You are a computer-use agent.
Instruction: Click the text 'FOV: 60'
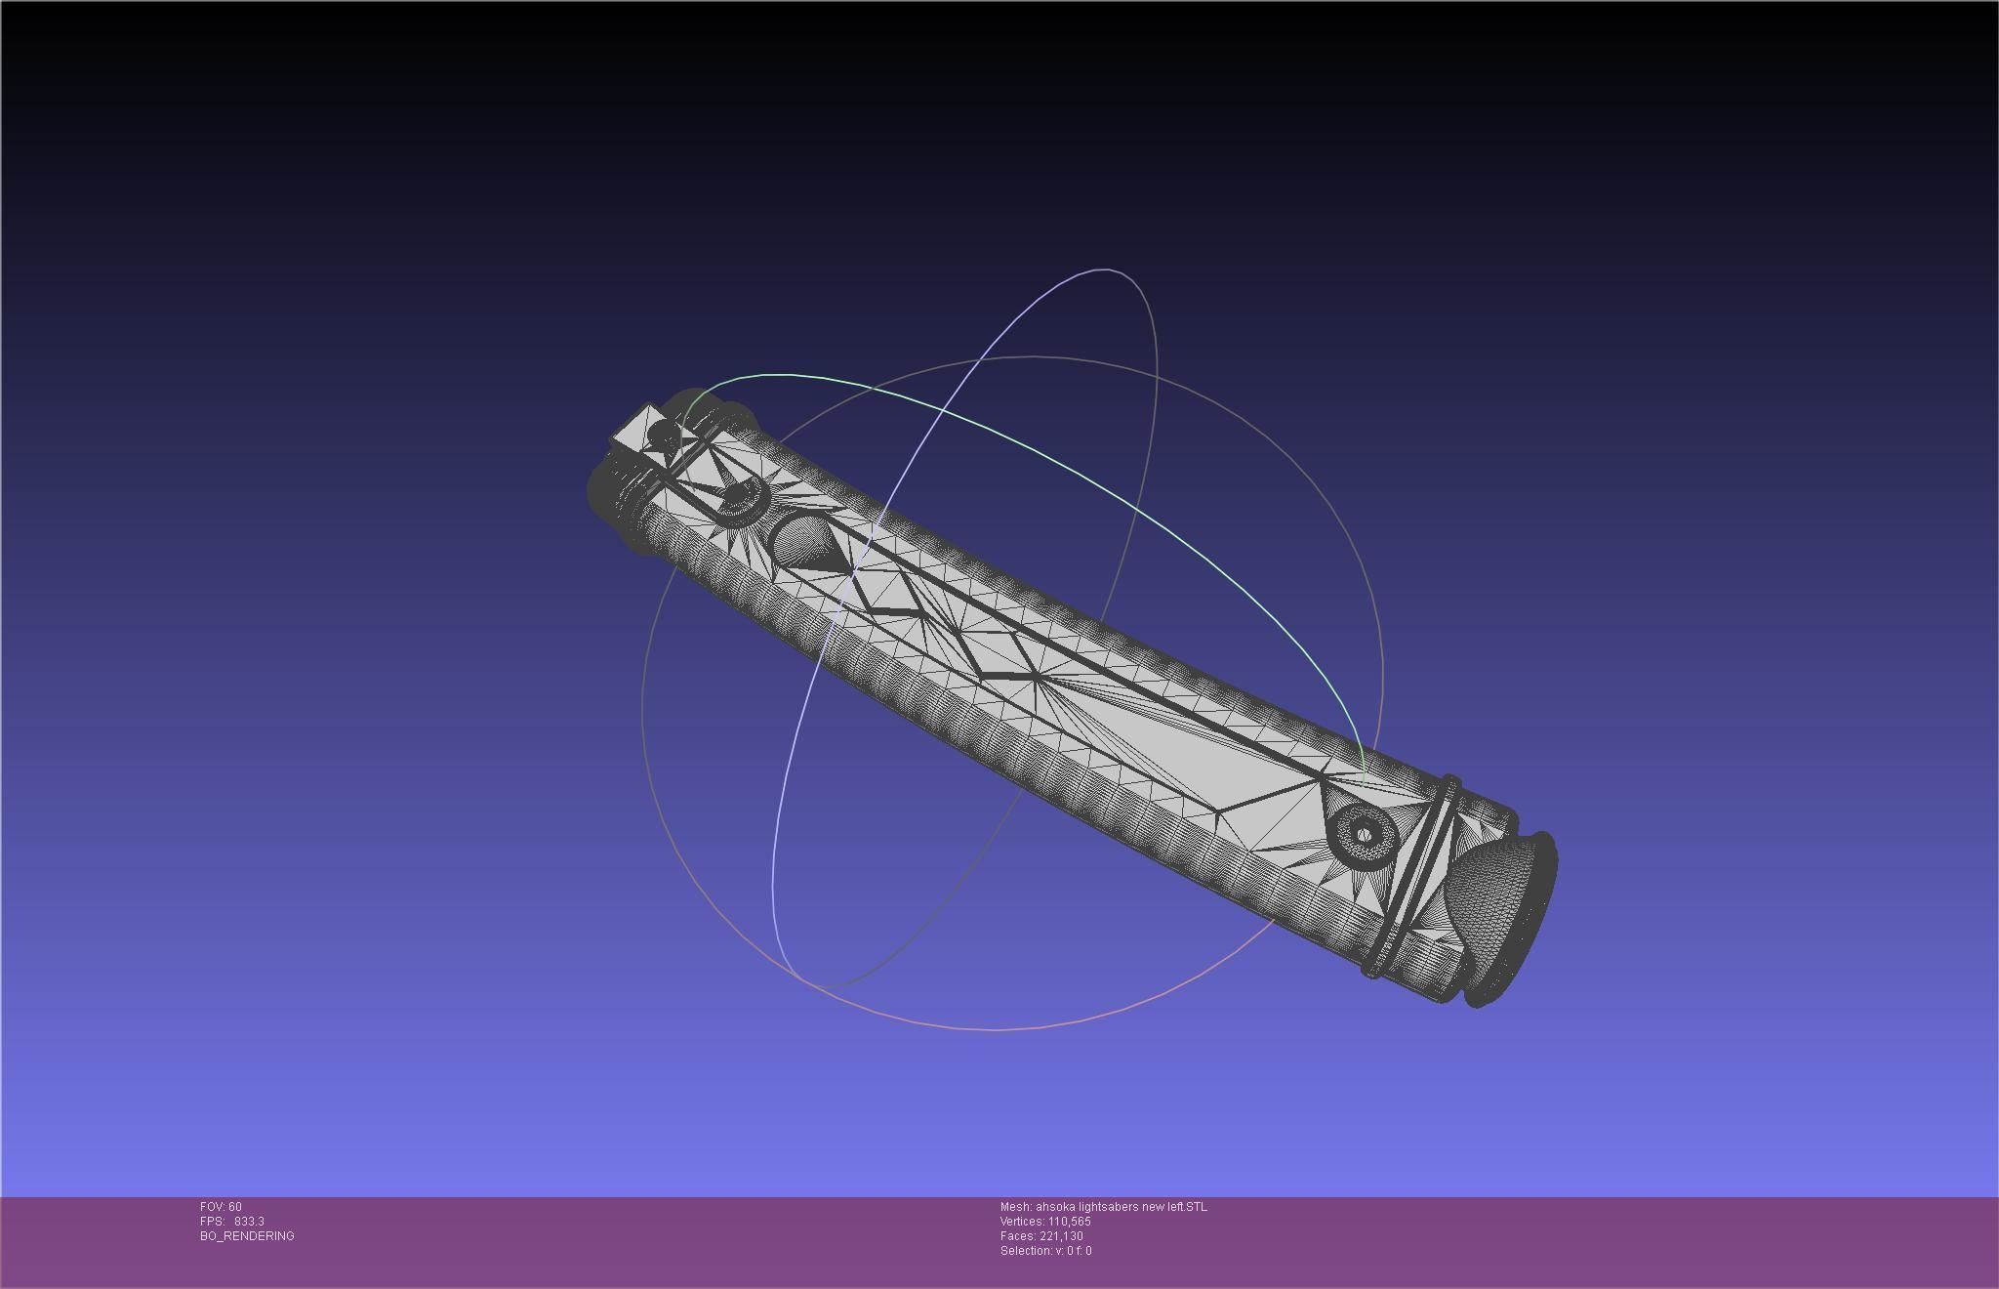pos(221,1207)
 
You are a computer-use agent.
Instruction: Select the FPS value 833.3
pos(249,1222)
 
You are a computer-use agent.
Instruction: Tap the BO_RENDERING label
pos(247,1236)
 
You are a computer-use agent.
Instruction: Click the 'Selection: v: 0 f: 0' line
pos(1045,1251)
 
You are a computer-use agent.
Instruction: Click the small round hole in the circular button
pos(1364,834)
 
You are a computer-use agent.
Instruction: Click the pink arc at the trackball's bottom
pos(996,1028)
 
